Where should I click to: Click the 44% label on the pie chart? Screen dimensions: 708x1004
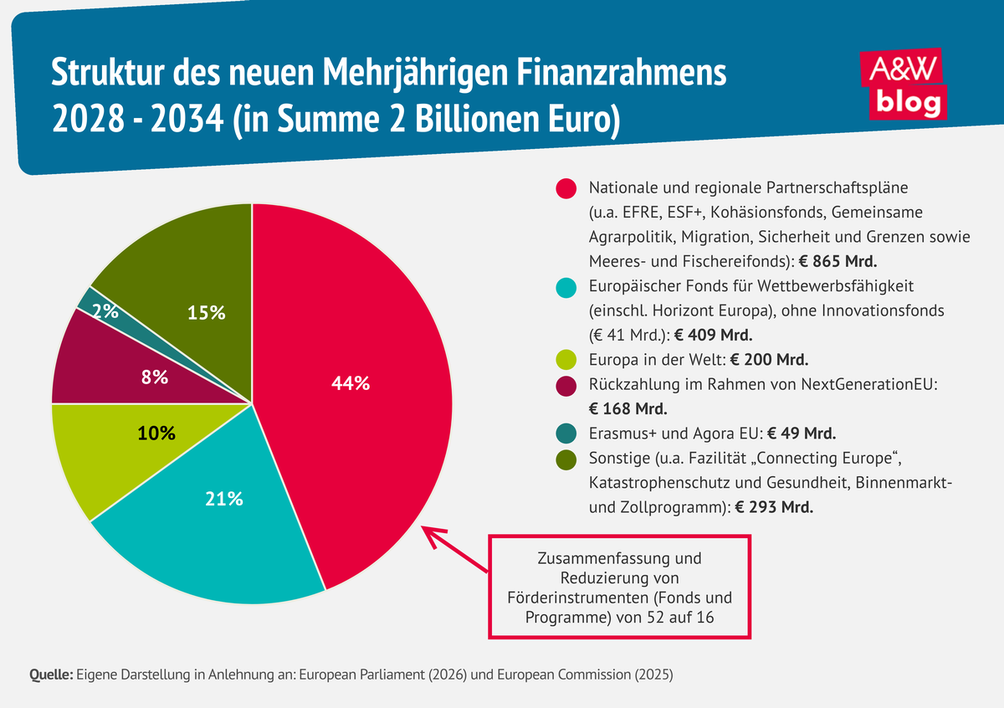(350, 383)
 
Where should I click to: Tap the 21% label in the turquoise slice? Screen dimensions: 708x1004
(223, 500)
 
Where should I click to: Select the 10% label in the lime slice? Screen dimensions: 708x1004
(156, 433)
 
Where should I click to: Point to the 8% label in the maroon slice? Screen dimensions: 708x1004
(154, 377)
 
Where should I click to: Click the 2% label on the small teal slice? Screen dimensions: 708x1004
(105, 312)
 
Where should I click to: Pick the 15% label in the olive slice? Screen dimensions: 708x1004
(206, 313)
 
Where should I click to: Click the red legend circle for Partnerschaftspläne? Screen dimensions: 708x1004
(566, 188)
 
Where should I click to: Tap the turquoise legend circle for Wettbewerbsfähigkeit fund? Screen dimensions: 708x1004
(566, 287)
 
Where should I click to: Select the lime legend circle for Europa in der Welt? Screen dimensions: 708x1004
(566, 362)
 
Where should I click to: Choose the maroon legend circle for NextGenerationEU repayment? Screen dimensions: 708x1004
(566, 386)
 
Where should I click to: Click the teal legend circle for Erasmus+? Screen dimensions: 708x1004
(566, 434)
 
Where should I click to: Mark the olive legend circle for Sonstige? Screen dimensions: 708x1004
(566, 459)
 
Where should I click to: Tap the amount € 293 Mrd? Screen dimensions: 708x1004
(774, 507)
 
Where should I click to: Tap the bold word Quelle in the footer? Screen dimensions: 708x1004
(51, 674)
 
